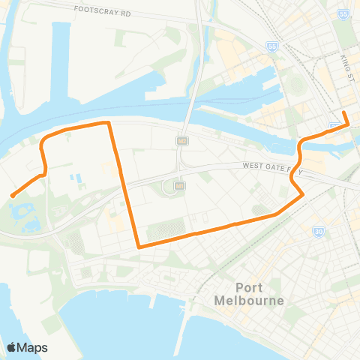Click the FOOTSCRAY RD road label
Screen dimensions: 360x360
(103, 12)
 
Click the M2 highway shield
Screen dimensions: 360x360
(181, 140)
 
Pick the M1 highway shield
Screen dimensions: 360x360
(178, 184)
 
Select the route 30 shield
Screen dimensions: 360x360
(319, 232)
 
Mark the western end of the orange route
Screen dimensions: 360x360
(12, 196)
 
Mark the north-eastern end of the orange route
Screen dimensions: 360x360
(344, 113)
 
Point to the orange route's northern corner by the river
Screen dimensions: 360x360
(109, 122)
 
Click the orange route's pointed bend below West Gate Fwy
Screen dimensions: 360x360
(302, 195)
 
